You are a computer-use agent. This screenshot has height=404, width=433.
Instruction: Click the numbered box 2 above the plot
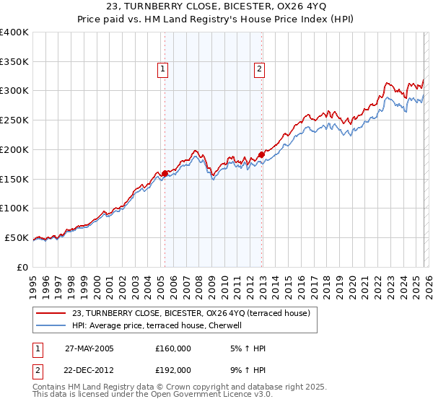point(258,69)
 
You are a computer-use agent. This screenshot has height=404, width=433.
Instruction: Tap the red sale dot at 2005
point(165,173)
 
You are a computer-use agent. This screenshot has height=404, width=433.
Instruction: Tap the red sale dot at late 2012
point(261,154)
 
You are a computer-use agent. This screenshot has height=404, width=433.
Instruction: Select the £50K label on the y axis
point(17,238)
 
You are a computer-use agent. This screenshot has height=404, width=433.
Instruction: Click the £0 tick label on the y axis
point(23,267)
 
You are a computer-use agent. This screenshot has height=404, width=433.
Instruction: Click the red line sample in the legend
point(52,313)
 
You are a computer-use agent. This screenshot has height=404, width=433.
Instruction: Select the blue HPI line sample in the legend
point(52,325)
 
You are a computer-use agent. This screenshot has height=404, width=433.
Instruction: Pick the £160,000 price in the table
point(173,348)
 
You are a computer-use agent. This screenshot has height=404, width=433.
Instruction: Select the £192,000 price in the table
point(173,369)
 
